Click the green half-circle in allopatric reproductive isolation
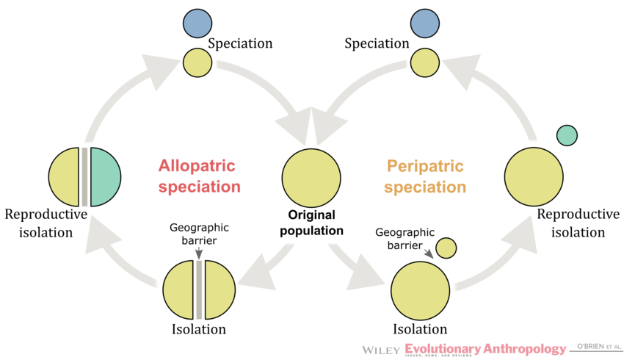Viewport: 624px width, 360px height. click(x=105, y=176)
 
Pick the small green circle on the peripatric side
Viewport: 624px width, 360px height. click(x=567, y=135)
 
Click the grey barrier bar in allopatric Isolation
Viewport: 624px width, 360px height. click(x=198, y=289)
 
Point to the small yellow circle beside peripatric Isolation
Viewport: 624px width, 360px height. click(x=446, y=248)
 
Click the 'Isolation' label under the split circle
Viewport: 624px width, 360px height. click(x=198, y=329)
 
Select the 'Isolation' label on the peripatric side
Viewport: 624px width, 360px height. click(x=420, y=329)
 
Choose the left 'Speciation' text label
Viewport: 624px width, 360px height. click(x=240, y=43)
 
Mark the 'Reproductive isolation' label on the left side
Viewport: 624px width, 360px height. click(x=46, y=223)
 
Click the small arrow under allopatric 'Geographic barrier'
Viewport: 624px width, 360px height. click(x=198, y=252)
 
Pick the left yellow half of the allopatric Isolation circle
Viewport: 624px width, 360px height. click(x=178, y=289)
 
